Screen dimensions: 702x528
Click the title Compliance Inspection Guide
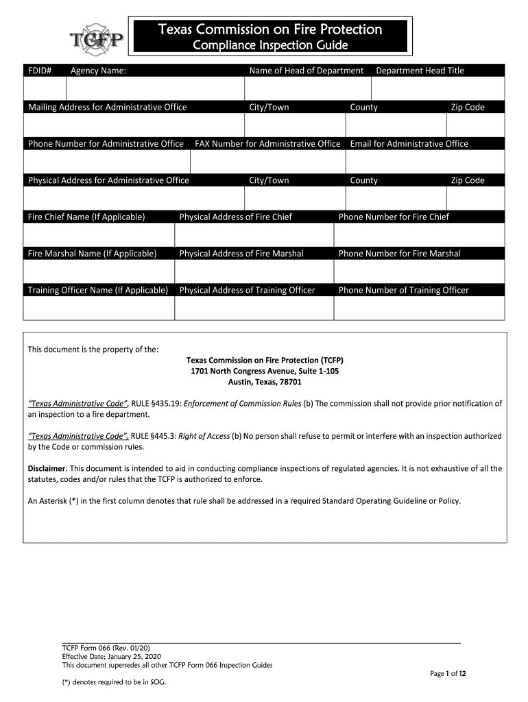coord(269,46)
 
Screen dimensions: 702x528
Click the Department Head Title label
coord(420,71)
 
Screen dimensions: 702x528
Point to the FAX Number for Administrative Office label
coord(267,144)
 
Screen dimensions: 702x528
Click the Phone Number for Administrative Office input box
coord(106,162)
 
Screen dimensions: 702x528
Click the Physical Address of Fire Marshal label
coord(241,254)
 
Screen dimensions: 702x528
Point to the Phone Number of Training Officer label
coord(403,290)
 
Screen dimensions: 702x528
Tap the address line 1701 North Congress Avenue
coord(265,371)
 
